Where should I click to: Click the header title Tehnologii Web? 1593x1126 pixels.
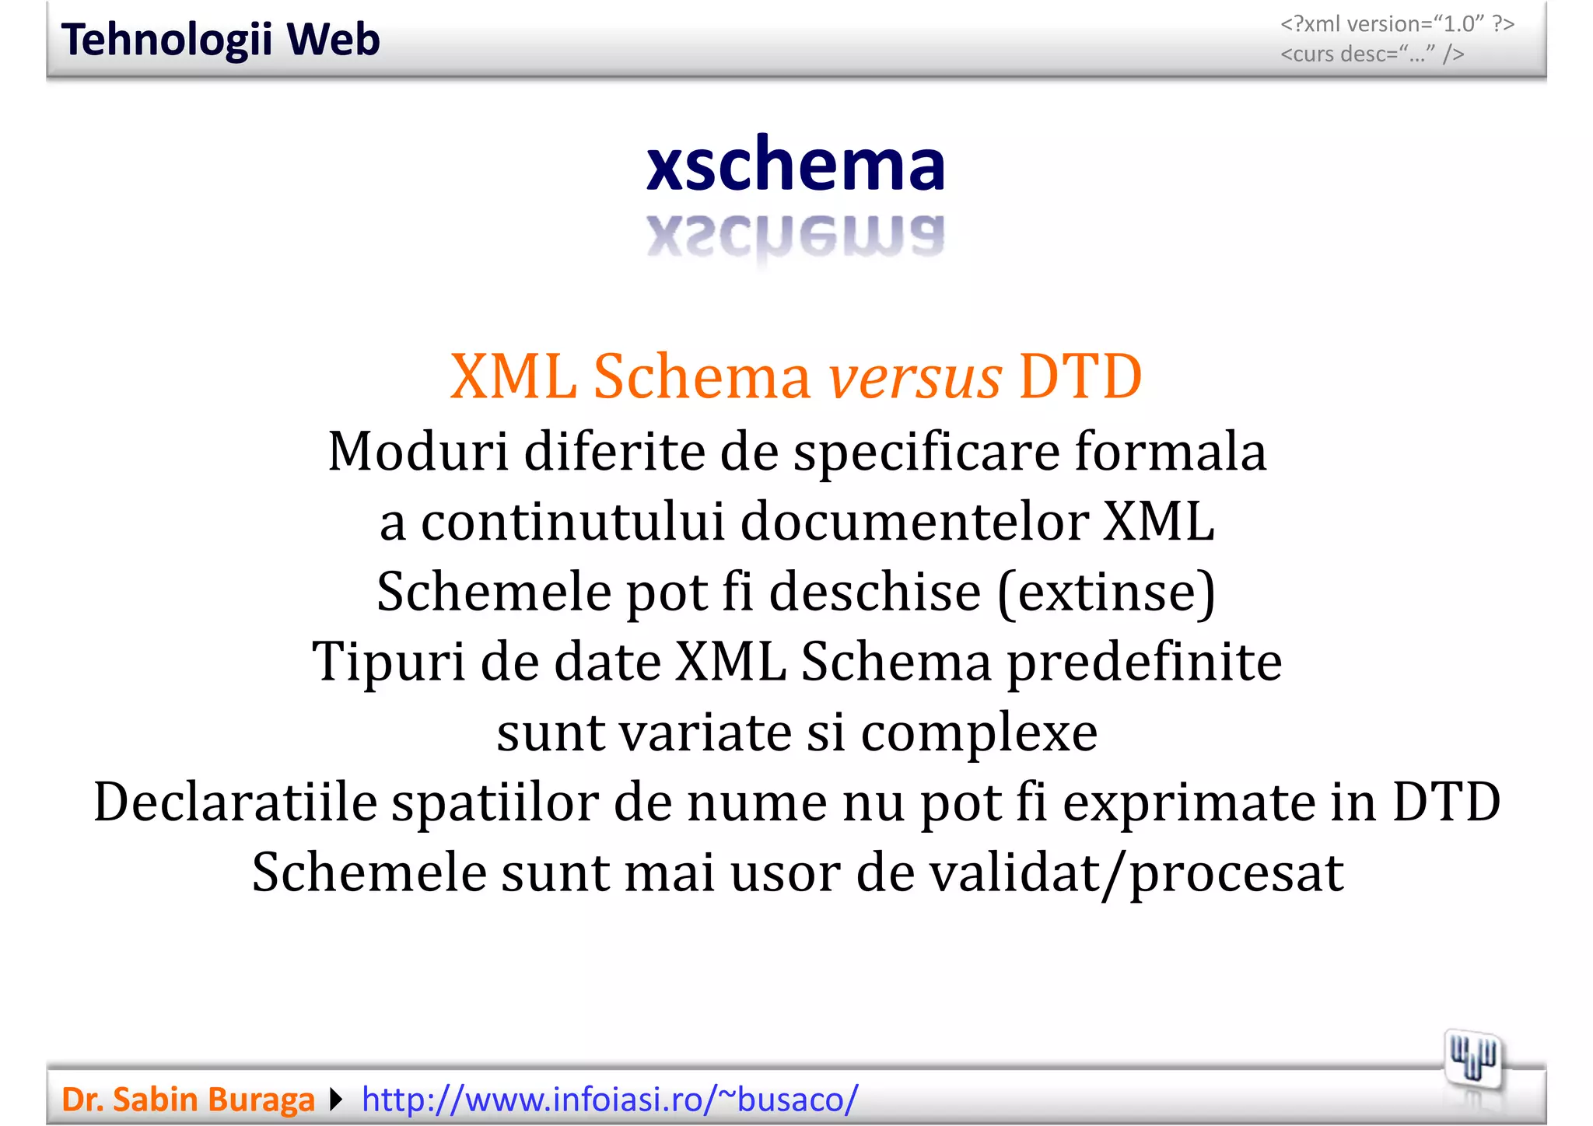[x=220, y=40]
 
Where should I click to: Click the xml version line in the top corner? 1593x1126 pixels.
[x=1397, y=24]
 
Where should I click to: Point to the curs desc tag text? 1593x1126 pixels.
[x=1372, y=54]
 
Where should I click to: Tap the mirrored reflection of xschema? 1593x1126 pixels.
[x=796, y=236]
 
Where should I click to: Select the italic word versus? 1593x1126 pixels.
[x=915, y=377]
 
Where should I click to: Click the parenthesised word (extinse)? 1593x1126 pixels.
[x=1106, y=593]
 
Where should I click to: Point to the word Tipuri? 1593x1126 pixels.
[x=388, y=663]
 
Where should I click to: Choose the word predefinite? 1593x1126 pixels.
[x=1144, y=663]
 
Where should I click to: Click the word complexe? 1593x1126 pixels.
[x=979, y=733]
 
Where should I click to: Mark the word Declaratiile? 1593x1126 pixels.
[x=235, y=802]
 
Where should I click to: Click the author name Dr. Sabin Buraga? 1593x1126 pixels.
[x=188, y=1100]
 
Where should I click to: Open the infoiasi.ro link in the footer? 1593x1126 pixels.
[x=610, y=1100]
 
